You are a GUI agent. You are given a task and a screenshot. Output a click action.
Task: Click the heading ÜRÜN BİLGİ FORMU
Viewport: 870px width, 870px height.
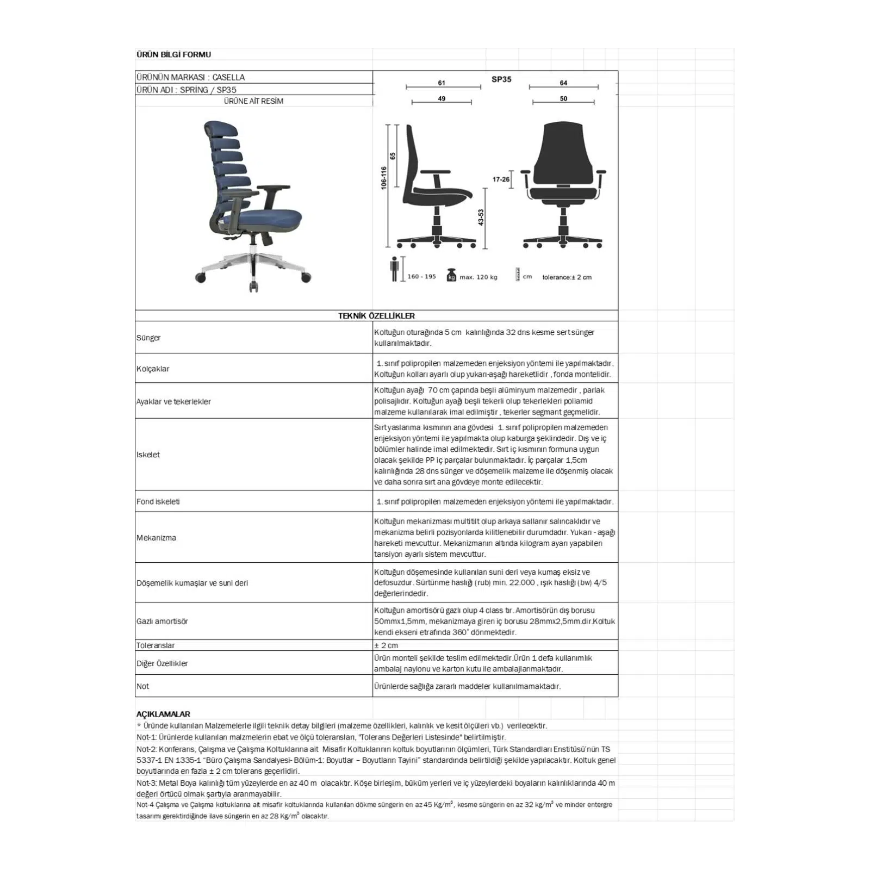coord(173,54)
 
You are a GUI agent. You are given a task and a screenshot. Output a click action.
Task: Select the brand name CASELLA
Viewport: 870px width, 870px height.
coord(228,77)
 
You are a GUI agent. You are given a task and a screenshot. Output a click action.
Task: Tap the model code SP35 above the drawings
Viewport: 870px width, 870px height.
coord(501,79)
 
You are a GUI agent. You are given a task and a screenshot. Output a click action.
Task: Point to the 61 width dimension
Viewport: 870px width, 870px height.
coord(442,83)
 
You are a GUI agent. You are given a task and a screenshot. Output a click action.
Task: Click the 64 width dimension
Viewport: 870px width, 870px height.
coord(563,83)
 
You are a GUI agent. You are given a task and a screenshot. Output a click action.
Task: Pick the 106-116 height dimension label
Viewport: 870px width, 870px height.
coord(384,178)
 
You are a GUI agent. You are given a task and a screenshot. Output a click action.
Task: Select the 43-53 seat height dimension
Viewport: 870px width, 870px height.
coord(481,217)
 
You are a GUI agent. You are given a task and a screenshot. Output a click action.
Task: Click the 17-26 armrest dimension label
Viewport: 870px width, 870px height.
coord(501,179)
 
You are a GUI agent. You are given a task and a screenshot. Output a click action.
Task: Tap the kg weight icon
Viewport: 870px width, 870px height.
coord(451,276)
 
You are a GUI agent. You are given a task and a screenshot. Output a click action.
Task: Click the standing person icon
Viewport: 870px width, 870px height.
coord(395,269)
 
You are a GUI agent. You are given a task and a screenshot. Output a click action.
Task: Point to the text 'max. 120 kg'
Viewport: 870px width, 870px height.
coord(478,277)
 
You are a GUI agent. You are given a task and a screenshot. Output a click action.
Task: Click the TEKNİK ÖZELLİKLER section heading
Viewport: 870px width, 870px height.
coord(376,316)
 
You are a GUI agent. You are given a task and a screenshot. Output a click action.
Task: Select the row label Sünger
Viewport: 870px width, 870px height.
coord(148,338)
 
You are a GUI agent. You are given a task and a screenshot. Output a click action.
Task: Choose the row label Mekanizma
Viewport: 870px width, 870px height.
coord(156,538)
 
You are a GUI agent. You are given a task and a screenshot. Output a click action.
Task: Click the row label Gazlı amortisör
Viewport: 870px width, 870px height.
coord(162,622)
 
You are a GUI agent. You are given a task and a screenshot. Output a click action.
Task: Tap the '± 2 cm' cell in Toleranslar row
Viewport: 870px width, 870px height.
coord(386,645)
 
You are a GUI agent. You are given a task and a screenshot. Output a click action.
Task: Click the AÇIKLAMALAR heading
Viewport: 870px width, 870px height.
coord(163,714)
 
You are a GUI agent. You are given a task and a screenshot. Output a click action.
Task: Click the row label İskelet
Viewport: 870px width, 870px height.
coord(148,455)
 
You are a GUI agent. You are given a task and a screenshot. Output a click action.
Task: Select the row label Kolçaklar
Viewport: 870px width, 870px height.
coord(153,369)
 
